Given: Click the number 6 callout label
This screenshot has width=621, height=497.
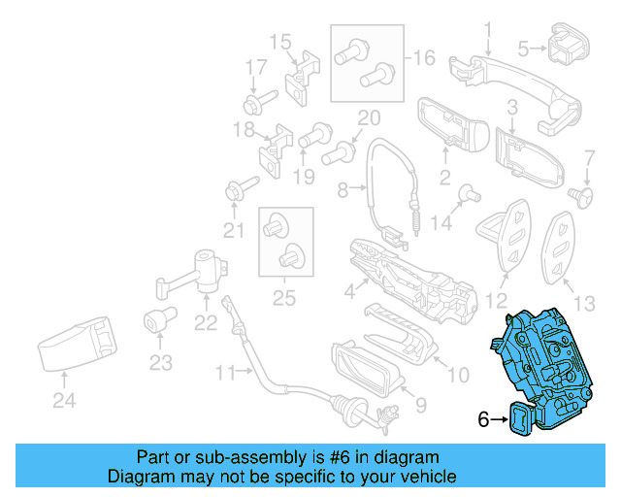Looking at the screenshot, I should pyautogui.click(x=482, y=419).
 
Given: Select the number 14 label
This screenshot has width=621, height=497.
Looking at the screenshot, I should pyautogui.click(x=441, y=222).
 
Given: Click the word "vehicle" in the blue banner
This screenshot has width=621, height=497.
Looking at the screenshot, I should pyautogui.click(x=422, y=477).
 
